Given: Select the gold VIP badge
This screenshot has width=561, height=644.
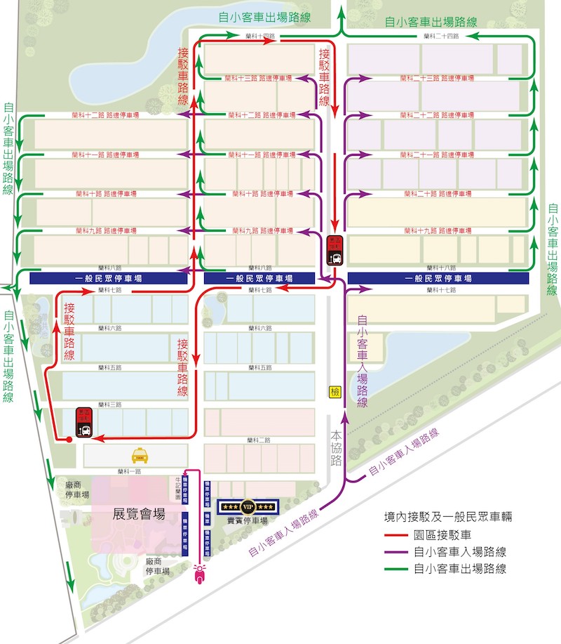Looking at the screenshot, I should coord(247,506).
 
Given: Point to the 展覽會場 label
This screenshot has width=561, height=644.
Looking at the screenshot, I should coord(139,514).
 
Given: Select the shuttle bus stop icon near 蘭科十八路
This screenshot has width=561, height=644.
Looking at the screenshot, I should coord(335,249).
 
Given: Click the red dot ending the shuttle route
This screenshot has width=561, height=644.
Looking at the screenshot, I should coord(69,440).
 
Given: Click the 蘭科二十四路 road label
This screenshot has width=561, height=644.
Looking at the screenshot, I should coord(441,36).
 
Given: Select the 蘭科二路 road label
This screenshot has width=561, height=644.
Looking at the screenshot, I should coord(259,440).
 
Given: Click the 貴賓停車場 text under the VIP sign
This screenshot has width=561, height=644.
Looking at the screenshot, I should coord(247,521).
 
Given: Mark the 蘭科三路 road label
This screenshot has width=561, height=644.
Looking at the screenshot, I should coord(111,405).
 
